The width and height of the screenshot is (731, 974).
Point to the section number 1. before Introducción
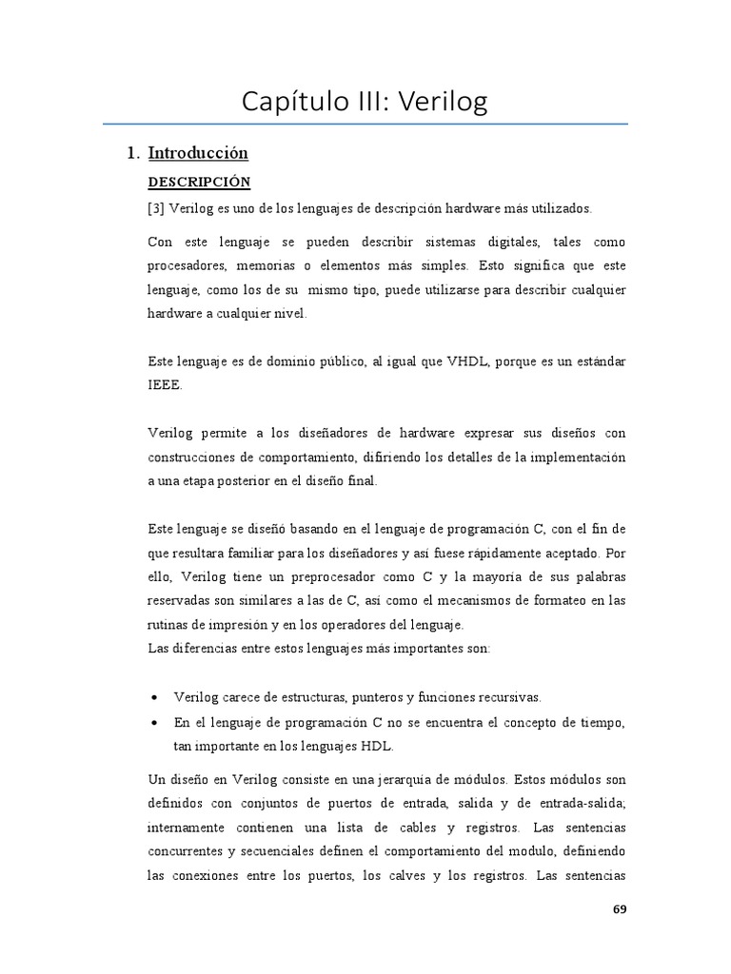(x=133, y=153)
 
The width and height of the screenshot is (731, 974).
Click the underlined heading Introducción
(x=198, y=153)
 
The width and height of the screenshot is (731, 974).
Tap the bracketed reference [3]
(x=156, y=208)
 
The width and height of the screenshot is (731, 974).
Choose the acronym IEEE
(x=164, y=387)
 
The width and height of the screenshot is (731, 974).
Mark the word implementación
(x=582, y=458)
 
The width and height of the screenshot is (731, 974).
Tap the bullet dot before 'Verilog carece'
(x=156, y=698)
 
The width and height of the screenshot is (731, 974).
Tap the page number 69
(x=620, y=910)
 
